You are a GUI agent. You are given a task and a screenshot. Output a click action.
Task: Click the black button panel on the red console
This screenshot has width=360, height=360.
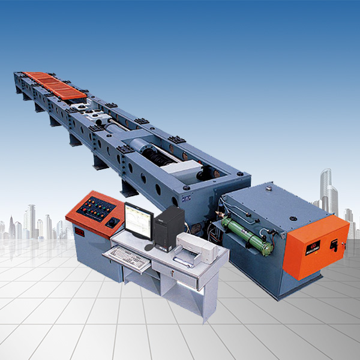pyautogui.click(x=97, y=210)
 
